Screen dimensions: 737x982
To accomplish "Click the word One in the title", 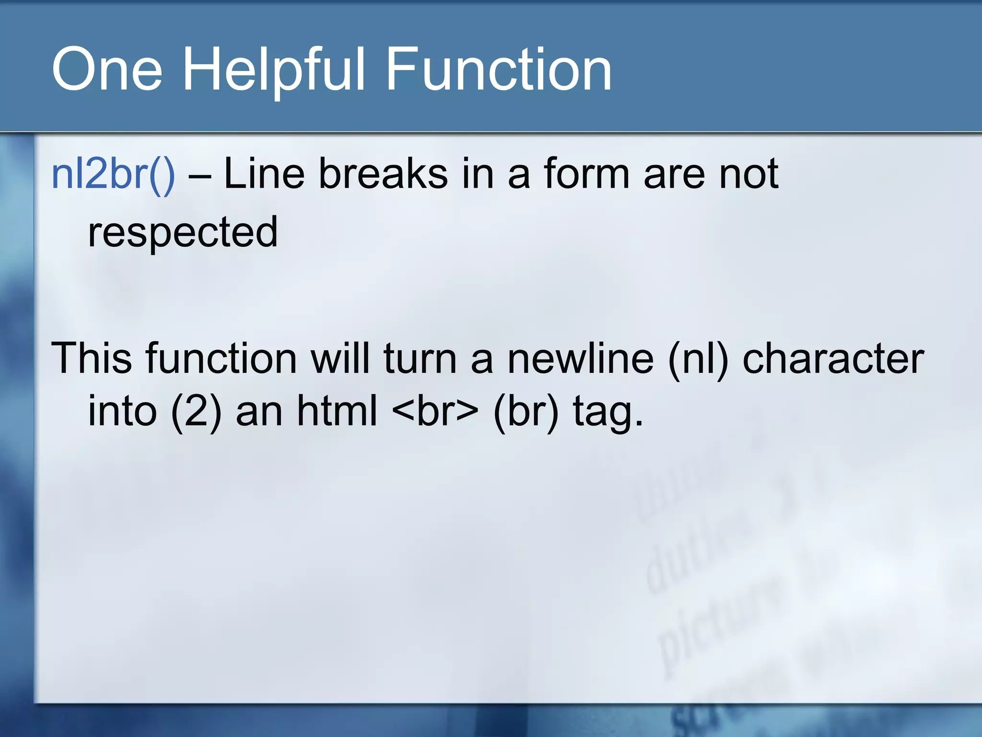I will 107,70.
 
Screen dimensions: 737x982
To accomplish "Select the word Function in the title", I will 499,70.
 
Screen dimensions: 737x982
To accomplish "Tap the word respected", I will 183,232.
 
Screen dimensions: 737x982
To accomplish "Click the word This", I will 91,358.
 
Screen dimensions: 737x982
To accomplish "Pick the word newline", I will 580,358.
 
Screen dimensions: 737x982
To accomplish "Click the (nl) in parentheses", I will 698,358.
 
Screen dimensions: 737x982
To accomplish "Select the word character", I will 833,358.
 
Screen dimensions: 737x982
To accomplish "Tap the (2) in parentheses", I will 196,412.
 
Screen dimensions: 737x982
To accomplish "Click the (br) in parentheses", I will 526,412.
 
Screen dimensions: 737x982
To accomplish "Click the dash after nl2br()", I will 199,176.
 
